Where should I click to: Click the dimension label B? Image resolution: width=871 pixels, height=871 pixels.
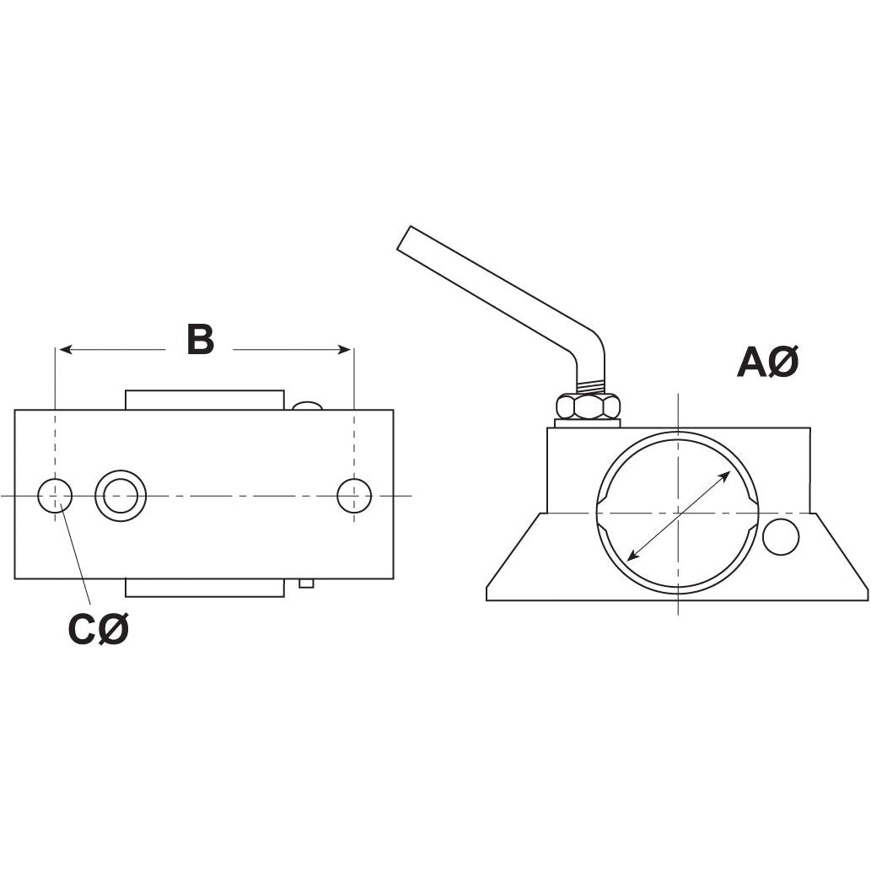(200, 341)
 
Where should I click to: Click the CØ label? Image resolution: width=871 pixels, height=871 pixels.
(98, 630)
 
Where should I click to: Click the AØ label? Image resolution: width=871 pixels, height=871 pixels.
(766, 363)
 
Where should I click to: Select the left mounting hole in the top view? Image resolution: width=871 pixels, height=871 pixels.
(55, 496)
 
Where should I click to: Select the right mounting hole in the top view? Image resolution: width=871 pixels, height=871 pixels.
(354, 496)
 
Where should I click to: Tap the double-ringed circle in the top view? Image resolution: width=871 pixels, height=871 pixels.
(121, 496)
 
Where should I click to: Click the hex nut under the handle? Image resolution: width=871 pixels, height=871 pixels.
(588, 406)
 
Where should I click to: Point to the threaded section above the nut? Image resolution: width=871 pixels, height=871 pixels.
(594, 387)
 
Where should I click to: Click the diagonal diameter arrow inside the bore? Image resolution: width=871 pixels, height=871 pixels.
(680, 516)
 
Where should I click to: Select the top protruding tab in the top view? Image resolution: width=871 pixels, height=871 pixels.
(204, 400)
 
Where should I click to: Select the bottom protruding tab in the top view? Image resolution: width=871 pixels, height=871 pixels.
(204, 588)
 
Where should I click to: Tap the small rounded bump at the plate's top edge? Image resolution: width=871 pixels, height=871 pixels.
(308, 406)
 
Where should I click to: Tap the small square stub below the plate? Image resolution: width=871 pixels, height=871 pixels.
(307, 583)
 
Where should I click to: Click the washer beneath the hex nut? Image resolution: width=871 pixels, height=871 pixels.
(588, 422)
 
